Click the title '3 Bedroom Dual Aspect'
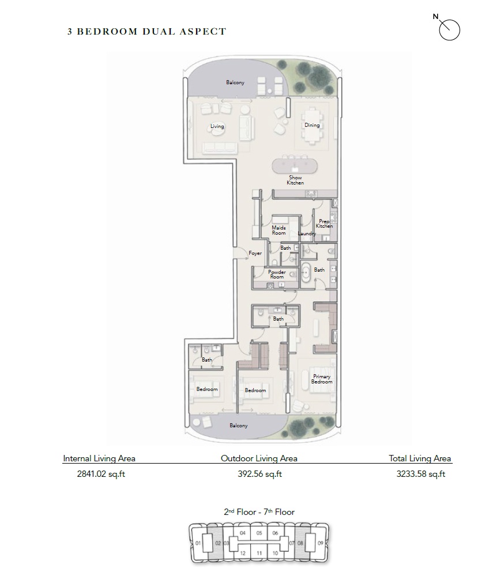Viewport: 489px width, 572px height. pyautogui.click(x=146, y=32)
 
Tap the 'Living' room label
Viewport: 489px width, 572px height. pyautogui.click(x=217, y=126)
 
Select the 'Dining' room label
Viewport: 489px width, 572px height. pyautogui.click(x=312, y=125)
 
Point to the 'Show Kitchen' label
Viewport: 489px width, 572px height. pyautogui.click(x=295, y=180)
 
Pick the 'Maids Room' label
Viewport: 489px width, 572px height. pyautogui.click(x=279, y=230)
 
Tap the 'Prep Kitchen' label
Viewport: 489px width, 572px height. pyautogui.click(x=324, y=223)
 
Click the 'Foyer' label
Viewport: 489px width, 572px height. pyautogui.click(x=255, y=253)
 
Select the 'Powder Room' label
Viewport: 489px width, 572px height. pyautogui.click(x=277, y=274)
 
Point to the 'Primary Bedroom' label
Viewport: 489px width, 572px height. pyautogui.click(x=322, y=379)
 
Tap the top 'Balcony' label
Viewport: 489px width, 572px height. pyautogui.click(x=235, y=82)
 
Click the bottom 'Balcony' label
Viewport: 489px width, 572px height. pyautogui.click(x=238, y=426)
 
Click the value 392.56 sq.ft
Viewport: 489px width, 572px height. pyautogui.click(x=259, y=475)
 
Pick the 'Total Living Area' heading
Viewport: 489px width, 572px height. pyautogui.click(x=420, y=458)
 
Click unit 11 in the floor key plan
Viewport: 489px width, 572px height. pyautogui.click(x=259, y=553)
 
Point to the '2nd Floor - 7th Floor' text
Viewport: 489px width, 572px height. pyautogui.click(x=259, y=511)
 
